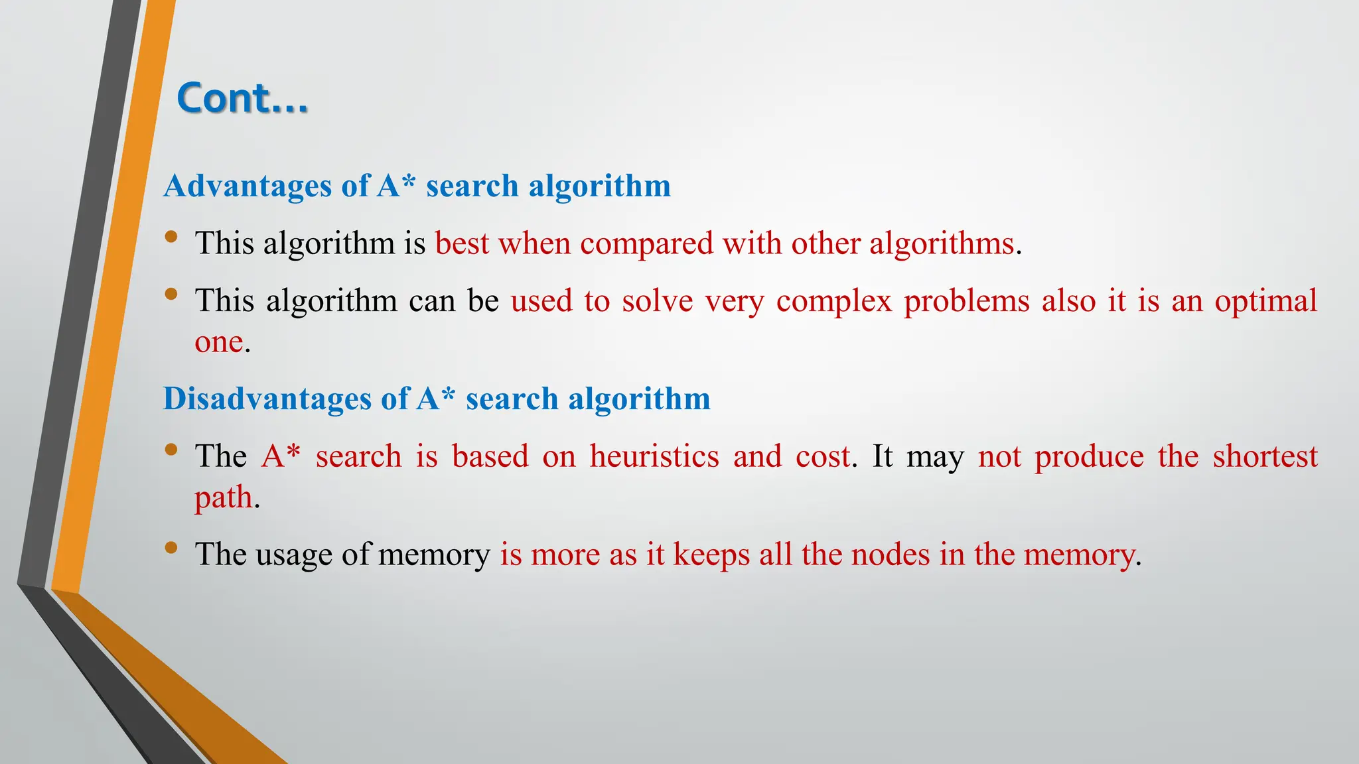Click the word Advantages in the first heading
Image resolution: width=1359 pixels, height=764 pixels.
click(248, 186)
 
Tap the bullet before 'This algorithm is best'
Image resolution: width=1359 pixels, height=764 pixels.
click(171, 237)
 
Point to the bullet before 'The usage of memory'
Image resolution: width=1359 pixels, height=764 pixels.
click(171, 547)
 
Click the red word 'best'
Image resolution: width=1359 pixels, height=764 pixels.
click(462, 243)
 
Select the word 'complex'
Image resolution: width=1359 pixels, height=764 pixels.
click(834, 301)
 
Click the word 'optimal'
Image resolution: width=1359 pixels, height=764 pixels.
click(1265, 301)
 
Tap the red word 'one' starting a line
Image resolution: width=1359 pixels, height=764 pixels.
click(218, 342)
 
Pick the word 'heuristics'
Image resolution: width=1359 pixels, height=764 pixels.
click(654, 456)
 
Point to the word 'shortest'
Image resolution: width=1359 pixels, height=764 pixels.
click(1265, 456)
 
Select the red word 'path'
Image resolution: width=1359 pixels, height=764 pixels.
click(224, 497)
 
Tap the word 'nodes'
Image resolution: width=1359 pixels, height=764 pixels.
click(891, 554)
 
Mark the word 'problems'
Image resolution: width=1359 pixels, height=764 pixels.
click(967, 301)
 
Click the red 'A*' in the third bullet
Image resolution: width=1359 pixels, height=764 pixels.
click(281, 456)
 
